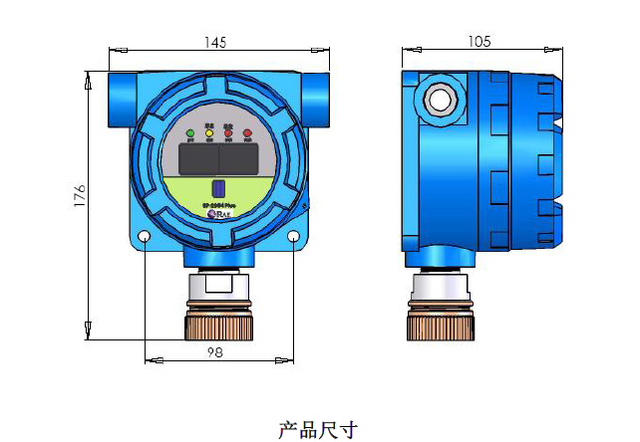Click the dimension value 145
[x=214, y=42]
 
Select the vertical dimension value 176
[x=80, y=195]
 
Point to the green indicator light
[x=190, y=132]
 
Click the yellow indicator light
[x=209, y=132]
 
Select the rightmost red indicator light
[x=246, y=132]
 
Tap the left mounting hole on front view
[x=146, y=238]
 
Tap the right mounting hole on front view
[x=293, y=238]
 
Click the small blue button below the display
[x=218, y=188]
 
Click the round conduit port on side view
[x=438, y=100]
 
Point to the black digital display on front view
[x=218, y=157]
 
